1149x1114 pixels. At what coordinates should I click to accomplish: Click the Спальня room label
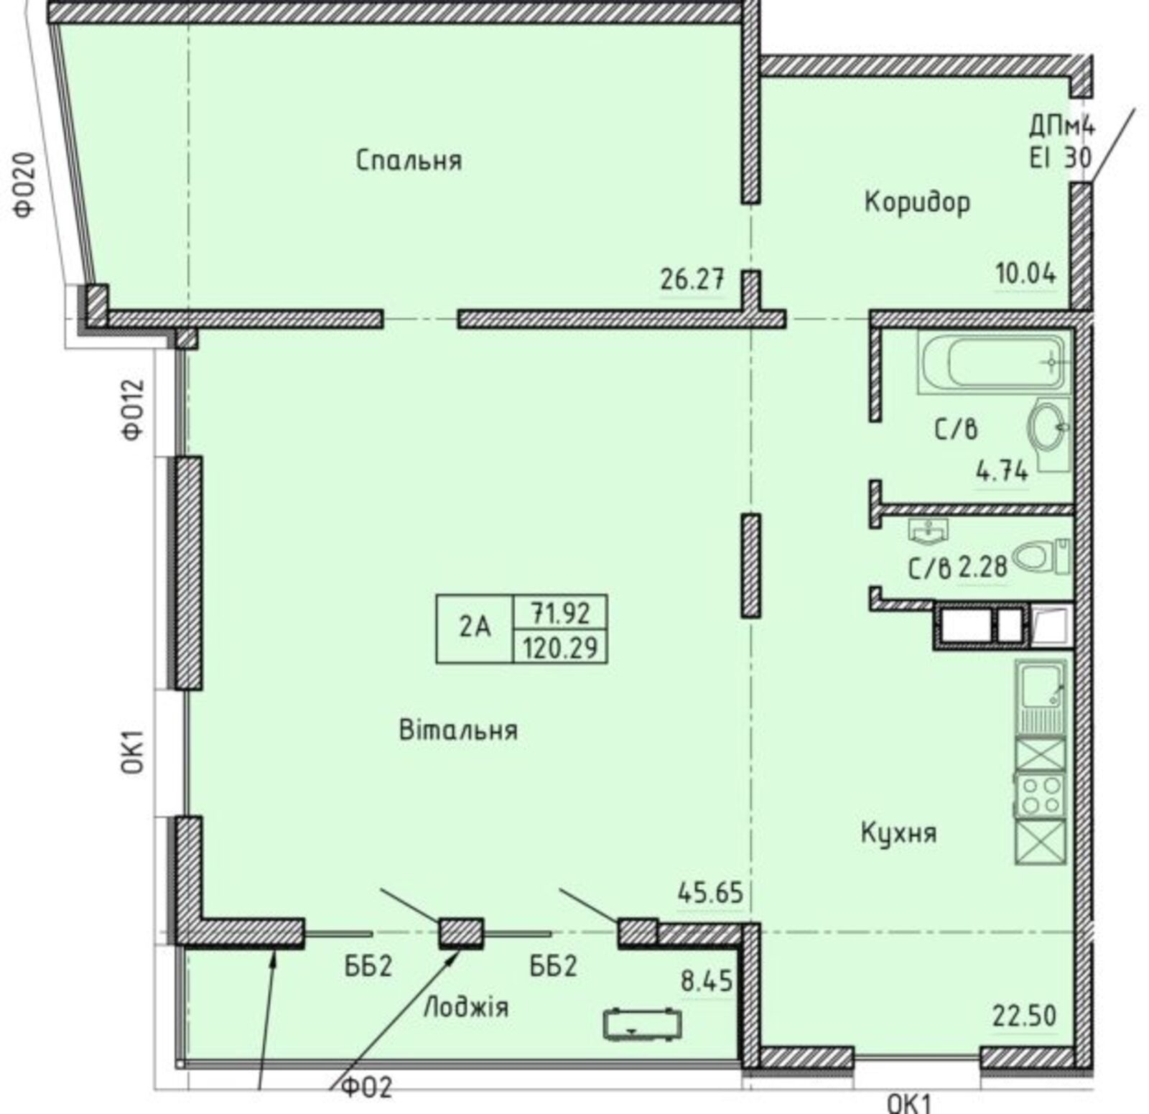point(409,160)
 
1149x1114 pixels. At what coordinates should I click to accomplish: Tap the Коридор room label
point(917,202)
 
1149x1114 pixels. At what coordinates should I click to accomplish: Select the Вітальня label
point(458,730)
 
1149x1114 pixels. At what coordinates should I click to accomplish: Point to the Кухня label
point(898,834)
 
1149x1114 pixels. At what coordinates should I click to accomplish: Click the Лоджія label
point(466,1008)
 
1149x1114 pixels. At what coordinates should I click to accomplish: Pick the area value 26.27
point(692,279)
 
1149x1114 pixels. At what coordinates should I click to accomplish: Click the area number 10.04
point(1025,274)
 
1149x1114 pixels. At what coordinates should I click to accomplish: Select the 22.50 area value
point(1025,1016)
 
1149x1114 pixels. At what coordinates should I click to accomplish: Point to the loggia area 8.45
point(707,981)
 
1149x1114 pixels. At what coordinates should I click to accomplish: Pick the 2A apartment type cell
point(475,628)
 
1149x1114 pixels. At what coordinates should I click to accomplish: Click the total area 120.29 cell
point(560,648)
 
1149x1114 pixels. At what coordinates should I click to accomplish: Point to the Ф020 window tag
point(24,185)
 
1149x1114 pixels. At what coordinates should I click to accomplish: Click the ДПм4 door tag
point(1061,128)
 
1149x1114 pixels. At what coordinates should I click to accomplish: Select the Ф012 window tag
point(134,409)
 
